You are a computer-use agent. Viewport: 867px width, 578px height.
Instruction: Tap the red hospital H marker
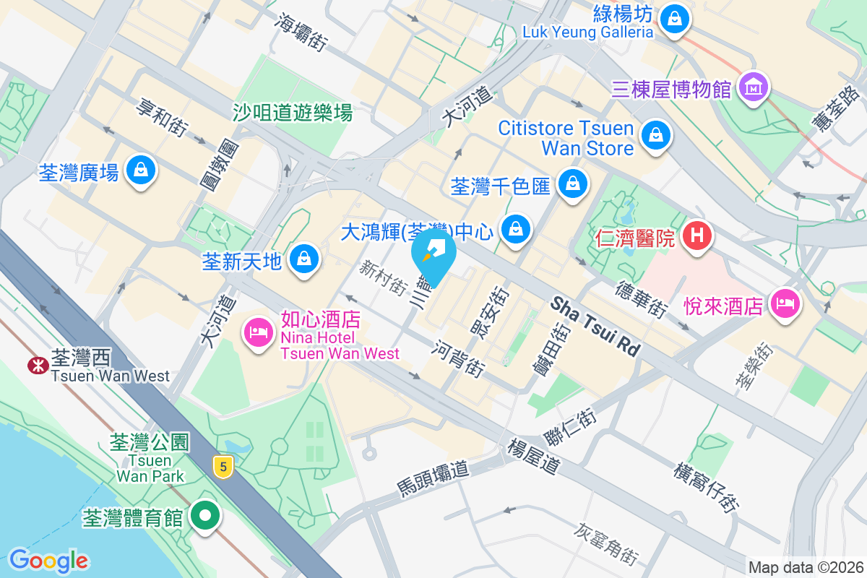click(697, 236)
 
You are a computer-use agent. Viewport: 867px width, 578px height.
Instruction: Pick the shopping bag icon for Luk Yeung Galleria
click(675, 16)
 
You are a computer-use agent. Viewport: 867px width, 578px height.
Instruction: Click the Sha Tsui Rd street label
click(595, 327)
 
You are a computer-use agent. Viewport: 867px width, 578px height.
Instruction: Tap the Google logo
click(48, 560)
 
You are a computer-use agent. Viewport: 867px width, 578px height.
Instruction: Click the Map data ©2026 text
click(805, 567)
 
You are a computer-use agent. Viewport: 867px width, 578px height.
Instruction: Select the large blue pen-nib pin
click(433, 254)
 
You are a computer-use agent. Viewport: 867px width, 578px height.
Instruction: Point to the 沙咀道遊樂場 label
click(293, 113)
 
